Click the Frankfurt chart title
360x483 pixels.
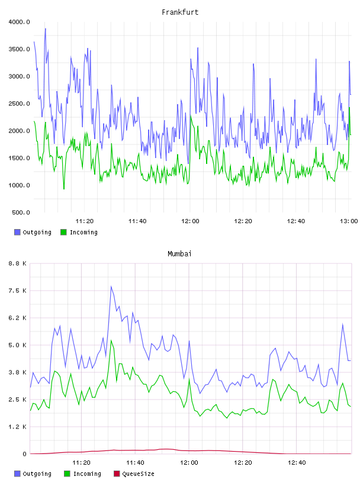[180, 12]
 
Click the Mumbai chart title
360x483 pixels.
[179, 254]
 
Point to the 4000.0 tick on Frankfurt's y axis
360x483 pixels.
[19, 22]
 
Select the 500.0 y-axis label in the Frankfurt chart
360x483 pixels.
[21, 212]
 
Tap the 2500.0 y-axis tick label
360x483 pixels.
[19, 104]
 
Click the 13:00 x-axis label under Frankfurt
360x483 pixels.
[349, 221]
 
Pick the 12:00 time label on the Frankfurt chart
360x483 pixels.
[190, 221]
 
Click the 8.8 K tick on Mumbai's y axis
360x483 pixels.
[18, 263]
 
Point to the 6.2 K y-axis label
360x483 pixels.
[18, 318]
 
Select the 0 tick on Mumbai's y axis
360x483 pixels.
[24, 454]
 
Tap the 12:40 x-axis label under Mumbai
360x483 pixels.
[297, 463]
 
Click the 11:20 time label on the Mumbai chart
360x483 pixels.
[81, 463]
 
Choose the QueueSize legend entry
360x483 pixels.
[134, 474]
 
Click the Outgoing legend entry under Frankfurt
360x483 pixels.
[33, 232]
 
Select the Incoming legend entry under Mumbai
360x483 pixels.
[83, 474]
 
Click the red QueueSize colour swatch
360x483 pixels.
[117, 474]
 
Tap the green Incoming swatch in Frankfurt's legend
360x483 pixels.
[63, 232]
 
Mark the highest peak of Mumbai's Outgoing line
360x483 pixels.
[111, 286]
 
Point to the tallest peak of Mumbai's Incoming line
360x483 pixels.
[111, 340]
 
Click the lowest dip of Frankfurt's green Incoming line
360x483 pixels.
[64, 189]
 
